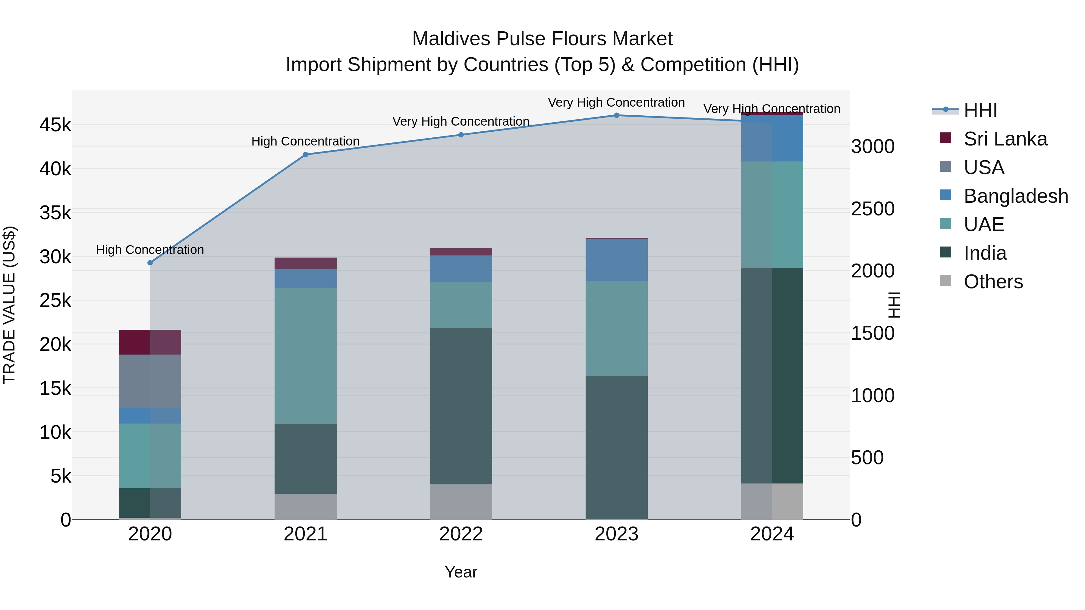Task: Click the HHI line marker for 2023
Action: coord(616,115)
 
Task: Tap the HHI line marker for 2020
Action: coord(150,263)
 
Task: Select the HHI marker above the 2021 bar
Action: coord(305,155)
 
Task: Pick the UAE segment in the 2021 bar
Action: coord(305,356)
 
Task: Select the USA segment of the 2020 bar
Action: coord(150,381)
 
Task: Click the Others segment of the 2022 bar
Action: coord(461,502)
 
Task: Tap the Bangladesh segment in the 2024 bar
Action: coord(772,138)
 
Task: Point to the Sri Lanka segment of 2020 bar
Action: coord(150,342)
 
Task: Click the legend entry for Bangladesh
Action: coord(1015,196)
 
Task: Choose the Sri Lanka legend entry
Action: coord(1005,139)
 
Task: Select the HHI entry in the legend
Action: coord(980,110)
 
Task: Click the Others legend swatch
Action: coord(945,281)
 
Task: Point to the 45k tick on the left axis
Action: coord(55,125)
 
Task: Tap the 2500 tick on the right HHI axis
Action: coord(873,209)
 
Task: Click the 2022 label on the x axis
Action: coord(461,534)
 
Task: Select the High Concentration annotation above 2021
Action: coord(305,142)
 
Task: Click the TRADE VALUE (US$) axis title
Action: coord(9,305)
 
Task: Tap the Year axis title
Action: coord(461,572)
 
